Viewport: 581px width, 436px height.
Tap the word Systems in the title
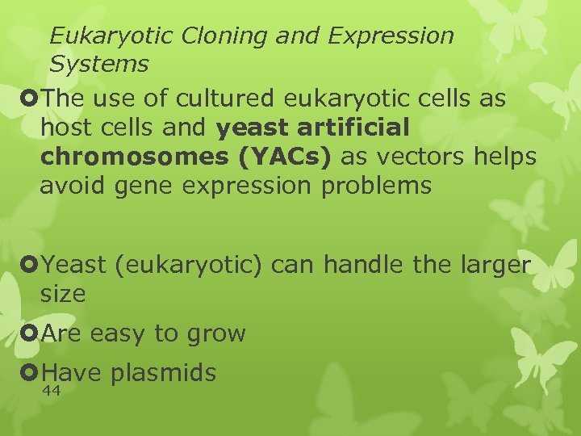[x=98, y=63]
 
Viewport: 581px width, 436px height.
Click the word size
[x=62, y=293]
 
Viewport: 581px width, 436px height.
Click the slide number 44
[x=51, y=391]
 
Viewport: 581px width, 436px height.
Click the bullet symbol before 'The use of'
[x=31, y=99]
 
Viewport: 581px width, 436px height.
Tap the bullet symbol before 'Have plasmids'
[x=31, y=372]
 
